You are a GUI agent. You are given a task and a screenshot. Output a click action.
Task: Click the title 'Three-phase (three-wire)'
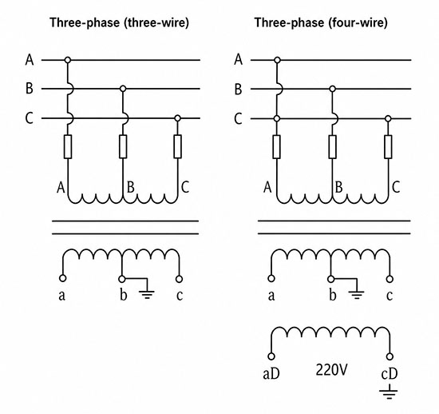(x=119, y=22)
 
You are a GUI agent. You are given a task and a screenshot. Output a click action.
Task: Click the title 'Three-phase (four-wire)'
(x=321, y=22)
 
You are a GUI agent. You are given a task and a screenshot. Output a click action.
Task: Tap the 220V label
(x=331, y=370)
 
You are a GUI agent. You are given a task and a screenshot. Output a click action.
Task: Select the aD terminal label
(x=271, y=373)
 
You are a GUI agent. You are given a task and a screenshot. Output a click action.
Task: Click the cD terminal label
(x=390, y=373)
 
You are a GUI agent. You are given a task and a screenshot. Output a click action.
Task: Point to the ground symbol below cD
(x=389, y=392)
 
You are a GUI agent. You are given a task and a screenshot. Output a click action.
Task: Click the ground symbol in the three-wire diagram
(x=147, y=289)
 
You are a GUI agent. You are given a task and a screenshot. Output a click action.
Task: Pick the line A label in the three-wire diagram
(x=30, y=60)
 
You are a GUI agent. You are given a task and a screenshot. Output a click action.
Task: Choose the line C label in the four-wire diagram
(x=238, y=118)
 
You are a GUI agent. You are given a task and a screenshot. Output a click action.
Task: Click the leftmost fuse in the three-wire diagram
(x=68, y=146)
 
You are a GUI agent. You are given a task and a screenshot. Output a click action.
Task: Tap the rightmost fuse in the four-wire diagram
(x=388, y=146)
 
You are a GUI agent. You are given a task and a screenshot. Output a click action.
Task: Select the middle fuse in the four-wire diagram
(x=332, y=146)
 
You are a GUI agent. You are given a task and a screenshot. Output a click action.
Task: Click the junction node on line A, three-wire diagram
(x=68, y=60)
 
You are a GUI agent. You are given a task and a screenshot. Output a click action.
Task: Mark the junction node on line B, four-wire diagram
(x=332, y=89)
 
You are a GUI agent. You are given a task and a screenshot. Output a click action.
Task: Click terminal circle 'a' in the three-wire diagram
(x=63, y=278)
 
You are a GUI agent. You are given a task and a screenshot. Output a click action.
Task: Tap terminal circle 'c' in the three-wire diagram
(x=179, y=279)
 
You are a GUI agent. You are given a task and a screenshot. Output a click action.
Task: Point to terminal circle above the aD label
(x=271, y=356)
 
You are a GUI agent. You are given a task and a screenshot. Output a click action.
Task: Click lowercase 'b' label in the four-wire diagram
(x=332, y=295)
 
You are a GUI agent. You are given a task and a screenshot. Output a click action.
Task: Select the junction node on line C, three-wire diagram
(x=177, y=118)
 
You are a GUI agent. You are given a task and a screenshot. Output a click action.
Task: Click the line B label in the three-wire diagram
(x=29, y=88)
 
